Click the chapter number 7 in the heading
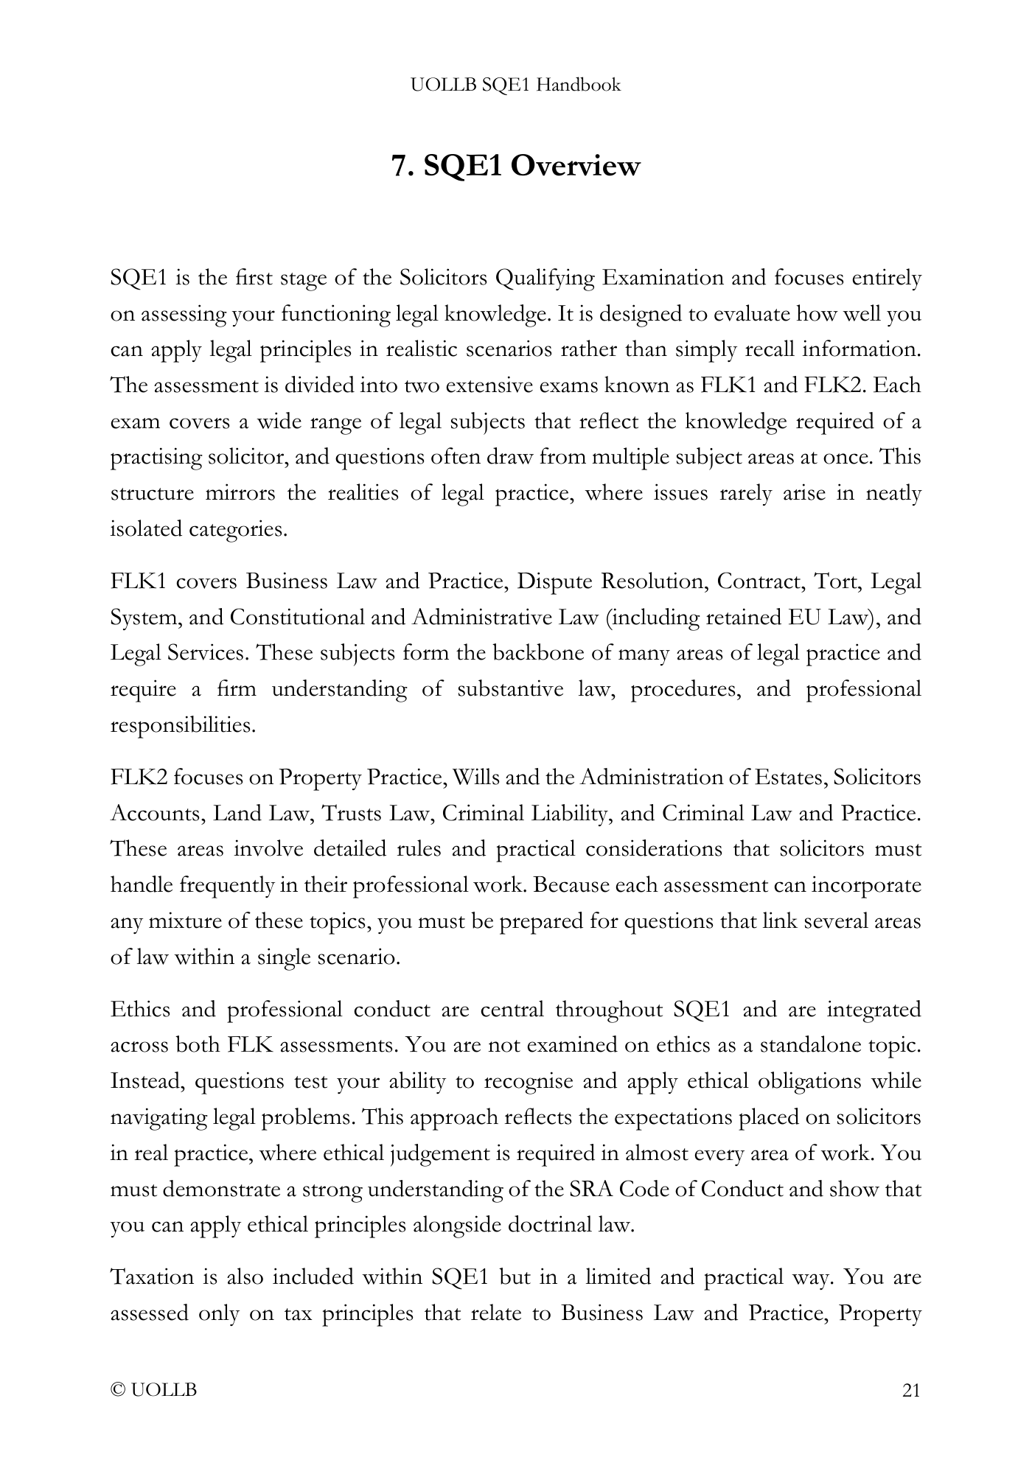tap(399, 166)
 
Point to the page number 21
tap(911, 1391)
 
